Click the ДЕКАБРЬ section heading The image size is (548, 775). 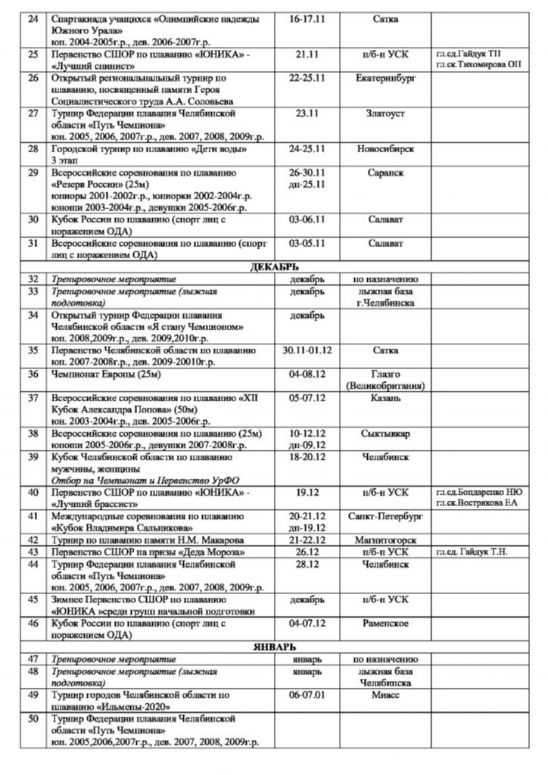[274, 267]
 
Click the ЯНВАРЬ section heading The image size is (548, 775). [274, 646]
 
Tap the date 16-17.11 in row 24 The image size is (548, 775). [307, 19]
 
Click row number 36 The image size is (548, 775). [33, 374]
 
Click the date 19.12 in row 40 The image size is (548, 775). [307, 493]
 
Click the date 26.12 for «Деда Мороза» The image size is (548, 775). [307, 552]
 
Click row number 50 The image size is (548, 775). [33, 718]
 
